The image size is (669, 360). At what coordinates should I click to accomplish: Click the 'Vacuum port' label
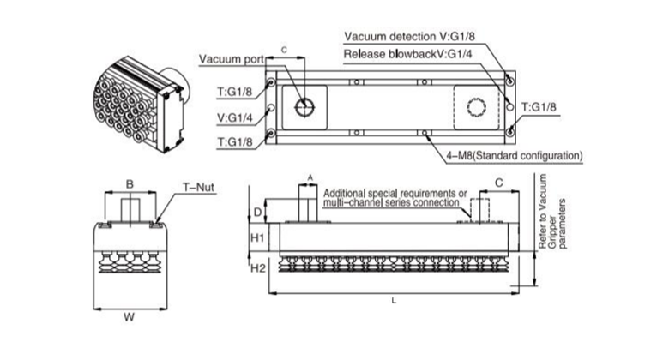(232, 59)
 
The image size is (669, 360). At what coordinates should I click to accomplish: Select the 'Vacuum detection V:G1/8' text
(409, 36)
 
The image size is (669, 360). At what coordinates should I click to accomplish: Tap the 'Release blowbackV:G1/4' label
(408, 54)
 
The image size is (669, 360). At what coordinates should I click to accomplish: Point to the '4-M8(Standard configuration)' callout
(515, 156)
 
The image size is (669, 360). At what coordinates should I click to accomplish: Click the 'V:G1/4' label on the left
(235, 117)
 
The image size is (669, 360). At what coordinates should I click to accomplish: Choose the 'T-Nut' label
(198, 187)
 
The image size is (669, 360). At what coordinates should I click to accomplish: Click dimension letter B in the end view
(130, 184)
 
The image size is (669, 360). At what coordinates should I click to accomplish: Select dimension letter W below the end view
(129, 317)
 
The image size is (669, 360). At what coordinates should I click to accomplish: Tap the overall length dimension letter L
(394, 301)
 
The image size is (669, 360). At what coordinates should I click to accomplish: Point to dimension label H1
(257, 237)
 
